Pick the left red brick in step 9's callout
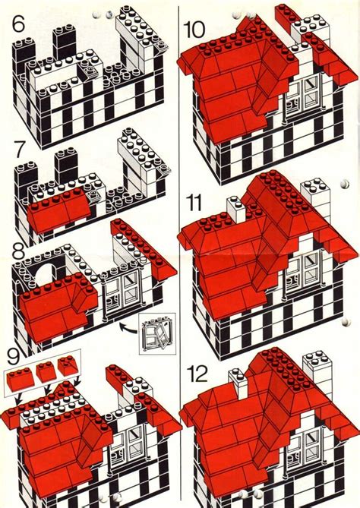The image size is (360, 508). click(18, 375)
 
